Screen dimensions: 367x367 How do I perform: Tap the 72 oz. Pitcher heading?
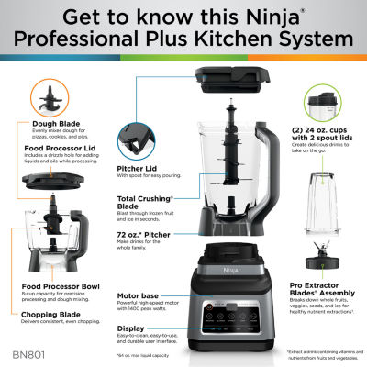pos(139,235)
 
